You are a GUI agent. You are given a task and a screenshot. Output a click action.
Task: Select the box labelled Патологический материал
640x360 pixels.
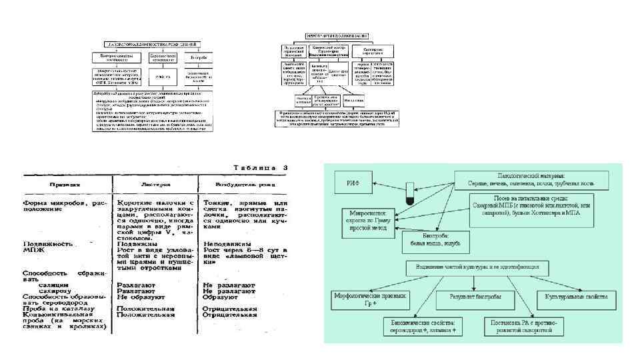pos(530,177)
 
